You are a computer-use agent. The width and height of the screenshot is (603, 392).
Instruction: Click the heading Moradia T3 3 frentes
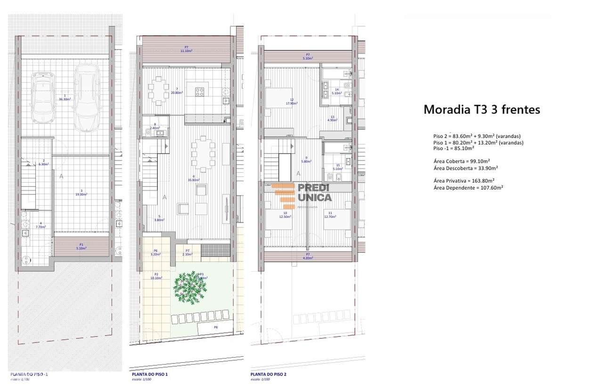[481, 110]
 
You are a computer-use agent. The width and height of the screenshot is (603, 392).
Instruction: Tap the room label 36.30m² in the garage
[64, 99]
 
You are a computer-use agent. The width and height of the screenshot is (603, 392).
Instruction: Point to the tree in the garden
[190, 285]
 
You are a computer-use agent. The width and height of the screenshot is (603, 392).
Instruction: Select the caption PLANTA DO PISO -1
[29, 375]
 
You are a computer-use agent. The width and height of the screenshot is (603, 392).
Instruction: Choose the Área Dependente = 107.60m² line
[468, 187]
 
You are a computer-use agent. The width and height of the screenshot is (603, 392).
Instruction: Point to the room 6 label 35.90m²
[193, 180]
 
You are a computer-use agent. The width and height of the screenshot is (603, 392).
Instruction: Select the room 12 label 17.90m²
[292, 104]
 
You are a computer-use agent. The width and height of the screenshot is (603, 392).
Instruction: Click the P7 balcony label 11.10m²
[187, 50]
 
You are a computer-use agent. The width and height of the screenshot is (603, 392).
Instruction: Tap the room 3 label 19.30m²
[81, 194]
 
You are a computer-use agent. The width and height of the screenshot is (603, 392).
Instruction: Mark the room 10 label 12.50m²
[285, 216]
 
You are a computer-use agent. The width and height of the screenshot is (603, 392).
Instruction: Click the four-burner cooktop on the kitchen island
[200, 91]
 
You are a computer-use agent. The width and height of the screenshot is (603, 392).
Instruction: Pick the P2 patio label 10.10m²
[156, 278]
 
